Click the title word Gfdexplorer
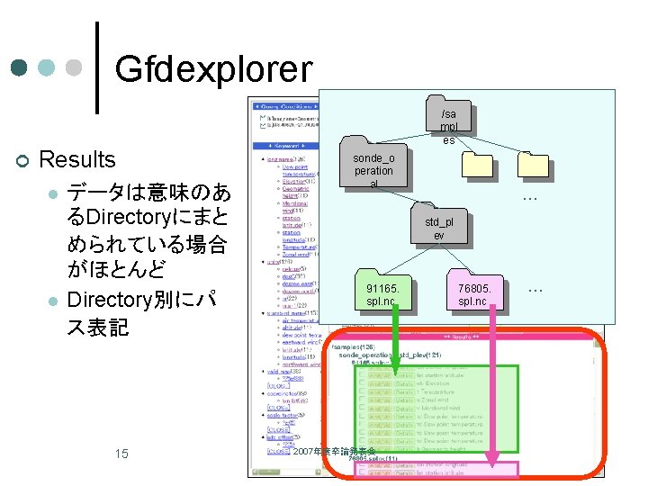point(213,67)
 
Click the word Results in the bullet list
point(78,160)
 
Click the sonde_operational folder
point(373,164)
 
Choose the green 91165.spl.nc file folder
point(382,292)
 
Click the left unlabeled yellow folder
point(477,163)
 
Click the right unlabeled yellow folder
point(533,163)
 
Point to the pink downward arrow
point(491,387)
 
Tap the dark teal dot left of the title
point(20,67)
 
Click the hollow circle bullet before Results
point(22,161)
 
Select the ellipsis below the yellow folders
point(530,197)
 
